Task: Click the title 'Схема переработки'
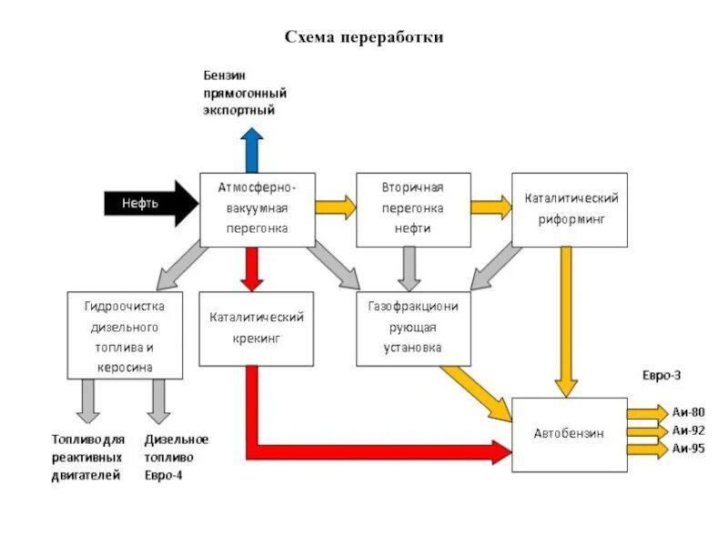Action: click(x=364, y=37)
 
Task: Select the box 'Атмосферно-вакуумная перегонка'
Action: click(x=258, y=209)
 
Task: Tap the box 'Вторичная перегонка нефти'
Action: click(x=412, y=209)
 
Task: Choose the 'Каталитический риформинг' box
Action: click(x=570, y=209)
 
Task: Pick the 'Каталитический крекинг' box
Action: click(x=256, y=329)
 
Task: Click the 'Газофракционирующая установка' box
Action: click(x=413, y=327)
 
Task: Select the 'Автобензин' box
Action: click(x=569, y=434)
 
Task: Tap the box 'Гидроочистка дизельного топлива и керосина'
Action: click(x=125, y=334)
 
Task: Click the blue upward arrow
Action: click(x=251, y=149)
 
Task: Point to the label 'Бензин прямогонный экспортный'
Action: click(x=238, y=93)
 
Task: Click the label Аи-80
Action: click(x=688, y=411)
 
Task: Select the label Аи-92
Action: click(x=688, y=430)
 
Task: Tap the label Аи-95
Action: click(x=688, y=448)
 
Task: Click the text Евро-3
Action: click(x=662, y=375)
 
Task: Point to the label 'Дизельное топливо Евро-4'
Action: click(x=176, y=457)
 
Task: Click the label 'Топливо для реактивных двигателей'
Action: click(x=86, y=457)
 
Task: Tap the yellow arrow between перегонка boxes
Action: click(x=335, y=207)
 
